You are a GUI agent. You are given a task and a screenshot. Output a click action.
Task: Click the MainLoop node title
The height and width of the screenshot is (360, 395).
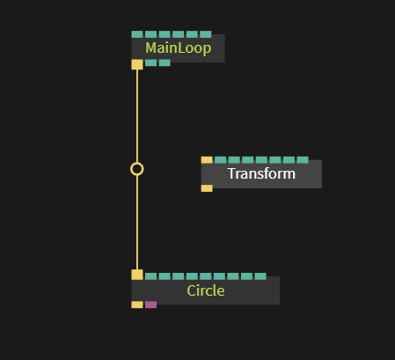pos(179,48)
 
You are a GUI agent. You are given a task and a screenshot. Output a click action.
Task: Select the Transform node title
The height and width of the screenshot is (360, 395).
pos(261,173)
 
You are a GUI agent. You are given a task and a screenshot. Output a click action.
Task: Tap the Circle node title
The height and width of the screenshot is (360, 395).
pos(206,290)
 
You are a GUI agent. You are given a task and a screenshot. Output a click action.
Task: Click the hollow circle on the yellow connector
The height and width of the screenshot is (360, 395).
pos(137,169)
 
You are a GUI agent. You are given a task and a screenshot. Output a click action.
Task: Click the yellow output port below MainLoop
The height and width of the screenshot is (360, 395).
pos(137,64)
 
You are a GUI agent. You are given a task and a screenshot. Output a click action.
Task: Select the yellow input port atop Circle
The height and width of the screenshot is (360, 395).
pos(137,275)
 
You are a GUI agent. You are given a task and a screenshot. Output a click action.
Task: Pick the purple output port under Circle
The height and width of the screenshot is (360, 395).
pos(150,305)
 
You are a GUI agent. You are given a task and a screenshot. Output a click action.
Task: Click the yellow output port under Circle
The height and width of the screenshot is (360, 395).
pos(137,305)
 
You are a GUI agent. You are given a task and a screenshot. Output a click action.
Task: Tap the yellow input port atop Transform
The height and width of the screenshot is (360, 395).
pos(207,160)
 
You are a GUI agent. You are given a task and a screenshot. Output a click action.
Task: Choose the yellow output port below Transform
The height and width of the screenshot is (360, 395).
pos(207,188)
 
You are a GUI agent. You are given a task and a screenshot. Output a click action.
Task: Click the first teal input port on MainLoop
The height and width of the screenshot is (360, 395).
pos(137,34)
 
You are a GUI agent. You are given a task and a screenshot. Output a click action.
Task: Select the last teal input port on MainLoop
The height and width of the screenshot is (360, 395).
pos(206,34)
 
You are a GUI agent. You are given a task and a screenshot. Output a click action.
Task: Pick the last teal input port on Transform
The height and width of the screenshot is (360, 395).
pos(303,160)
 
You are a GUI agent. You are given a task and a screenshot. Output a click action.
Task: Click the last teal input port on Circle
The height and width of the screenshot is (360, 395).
pos(260,276)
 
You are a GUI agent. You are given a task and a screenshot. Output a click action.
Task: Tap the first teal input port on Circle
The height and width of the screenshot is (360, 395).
pos(150,276)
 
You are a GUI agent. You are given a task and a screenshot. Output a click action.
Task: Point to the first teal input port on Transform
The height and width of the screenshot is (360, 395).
pos(221,160)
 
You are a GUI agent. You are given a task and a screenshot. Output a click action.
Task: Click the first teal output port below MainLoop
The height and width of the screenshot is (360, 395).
pos(150,62)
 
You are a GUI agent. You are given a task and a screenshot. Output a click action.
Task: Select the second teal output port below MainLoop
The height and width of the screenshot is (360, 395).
pos(165,62)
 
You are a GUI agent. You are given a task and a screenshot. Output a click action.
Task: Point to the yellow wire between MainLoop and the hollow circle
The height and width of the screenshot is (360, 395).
pos(137,116)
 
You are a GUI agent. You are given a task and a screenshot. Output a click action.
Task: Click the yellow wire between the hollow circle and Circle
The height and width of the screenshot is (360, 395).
pos(137,223)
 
